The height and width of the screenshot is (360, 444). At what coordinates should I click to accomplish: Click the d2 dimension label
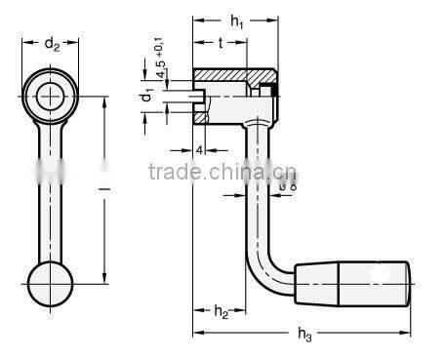[52, 44]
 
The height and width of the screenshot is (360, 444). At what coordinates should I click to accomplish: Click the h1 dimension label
[236, 21]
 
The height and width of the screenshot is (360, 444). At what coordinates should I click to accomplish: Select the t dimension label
[221, 43]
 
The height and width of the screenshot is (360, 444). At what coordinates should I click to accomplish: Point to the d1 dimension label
[147, 94]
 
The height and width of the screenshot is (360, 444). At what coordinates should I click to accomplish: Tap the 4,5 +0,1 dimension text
[160, 58]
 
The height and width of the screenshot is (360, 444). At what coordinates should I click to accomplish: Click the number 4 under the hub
[200, 150]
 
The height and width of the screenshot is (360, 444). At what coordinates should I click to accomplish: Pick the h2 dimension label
[221, 311]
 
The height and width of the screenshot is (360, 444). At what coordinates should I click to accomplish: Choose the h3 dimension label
[304, 334]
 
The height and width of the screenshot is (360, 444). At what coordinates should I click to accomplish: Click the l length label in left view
[104, 188]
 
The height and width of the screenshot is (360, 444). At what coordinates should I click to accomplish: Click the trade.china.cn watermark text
[222, 172]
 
